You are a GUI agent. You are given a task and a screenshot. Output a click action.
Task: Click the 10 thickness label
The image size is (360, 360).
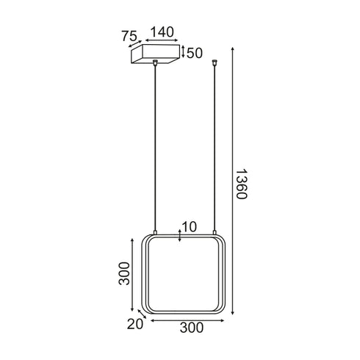(x=189, y=227)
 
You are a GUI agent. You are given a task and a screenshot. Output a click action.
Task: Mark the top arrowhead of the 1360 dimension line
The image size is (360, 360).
(x=233, y=48)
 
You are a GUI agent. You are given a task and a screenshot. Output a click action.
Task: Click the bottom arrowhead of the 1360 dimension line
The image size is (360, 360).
(x=233, y=318)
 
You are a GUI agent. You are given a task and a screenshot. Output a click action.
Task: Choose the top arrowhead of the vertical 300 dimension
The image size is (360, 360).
(x=131, y=242)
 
